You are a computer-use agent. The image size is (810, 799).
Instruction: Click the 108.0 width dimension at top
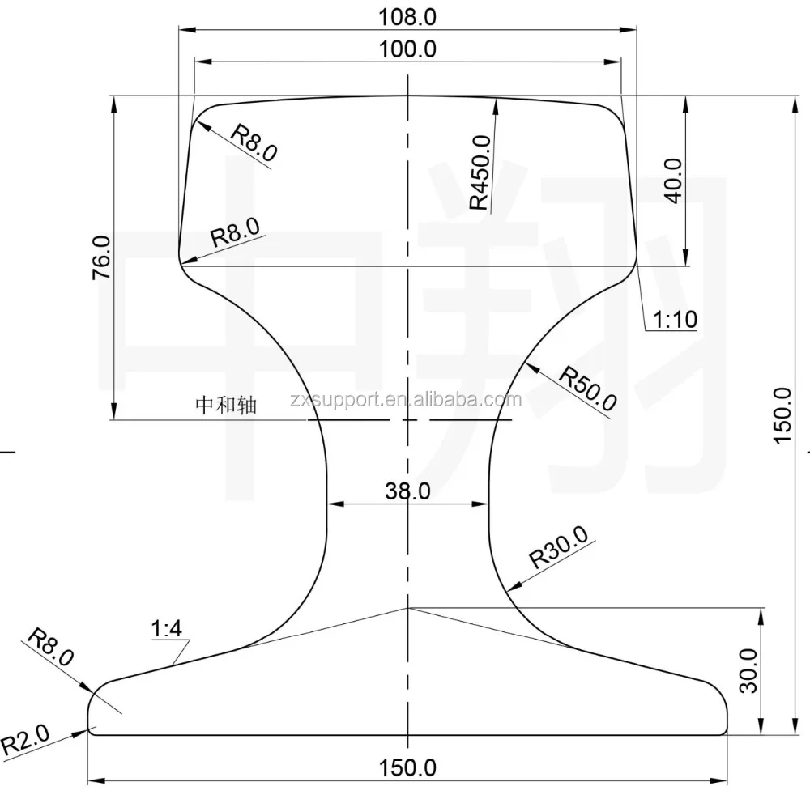coord(407,17)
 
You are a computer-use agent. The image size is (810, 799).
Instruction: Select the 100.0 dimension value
coord(407,49)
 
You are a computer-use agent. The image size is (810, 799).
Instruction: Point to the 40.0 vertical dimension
coord(674,180)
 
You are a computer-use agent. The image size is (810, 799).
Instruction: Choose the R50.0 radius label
coord(589,389)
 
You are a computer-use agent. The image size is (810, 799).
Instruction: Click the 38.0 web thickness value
coord(407,491)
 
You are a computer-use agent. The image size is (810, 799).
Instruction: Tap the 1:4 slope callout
coord(168,628)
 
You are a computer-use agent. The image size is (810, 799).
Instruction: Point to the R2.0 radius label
coord(26,737)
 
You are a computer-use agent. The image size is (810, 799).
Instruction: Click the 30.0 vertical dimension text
coord(749,670)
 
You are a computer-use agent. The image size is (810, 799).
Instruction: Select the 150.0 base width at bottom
coord(407,767)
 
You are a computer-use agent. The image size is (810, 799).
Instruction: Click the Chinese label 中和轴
coord(226,405)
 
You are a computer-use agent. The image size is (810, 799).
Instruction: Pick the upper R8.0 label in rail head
coord(254,143)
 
